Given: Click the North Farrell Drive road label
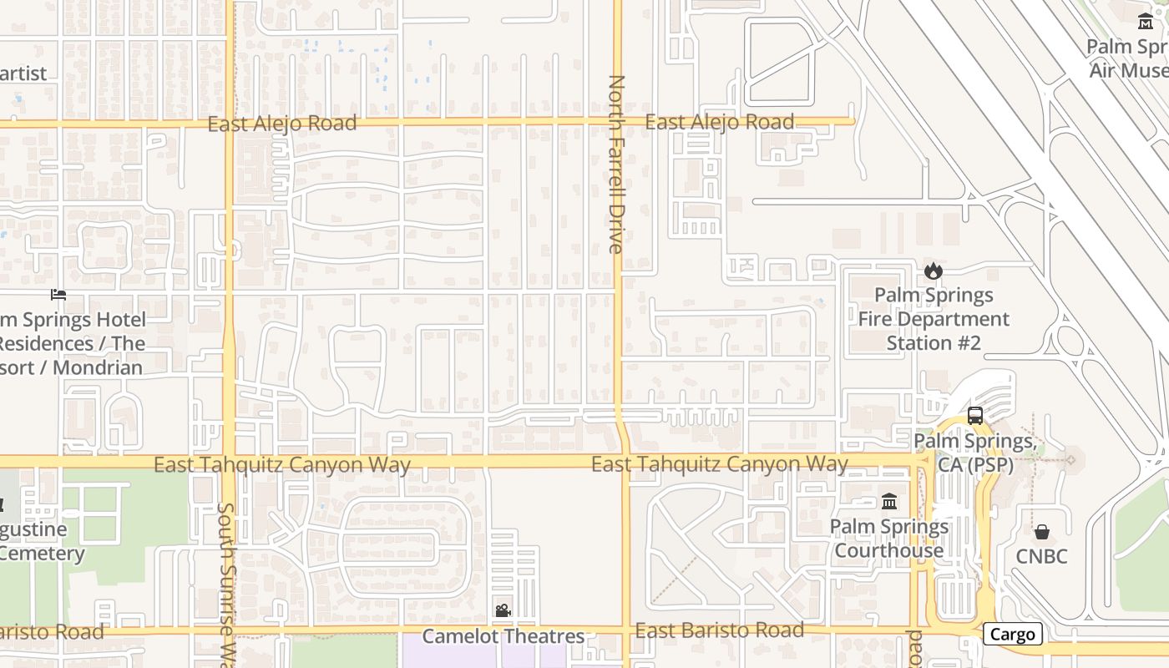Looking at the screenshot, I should (616, 164).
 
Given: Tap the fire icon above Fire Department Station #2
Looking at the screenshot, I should (933, 271).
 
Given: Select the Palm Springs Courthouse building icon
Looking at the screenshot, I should (889, 502).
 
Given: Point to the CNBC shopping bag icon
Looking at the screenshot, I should (1041, 531).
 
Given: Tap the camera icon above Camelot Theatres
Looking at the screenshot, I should (503, 610).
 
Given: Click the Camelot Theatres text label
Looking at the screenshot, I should (503, 636).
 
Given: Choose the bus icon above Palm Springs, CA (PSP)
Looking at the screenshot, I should (974, 415).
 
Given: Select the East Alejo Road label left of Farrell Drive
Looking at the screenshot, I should (281, 124).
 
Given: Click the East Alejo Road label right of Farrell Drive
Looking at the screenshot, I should (719, 122).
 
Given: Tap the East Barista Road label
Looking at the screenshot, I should (719, 630).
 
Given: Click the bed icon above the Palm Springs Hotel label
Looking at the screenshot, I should (58, 294).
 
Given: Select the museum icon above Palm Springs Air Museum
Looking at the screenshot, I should (1146, 21).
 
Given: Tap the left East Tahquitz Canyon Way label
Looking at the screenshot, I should (282, 465).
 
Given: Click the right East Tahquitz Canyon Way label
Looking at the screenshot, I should (719, 463).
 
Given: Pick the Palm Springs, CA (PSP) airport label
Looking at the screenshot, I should (974, 453).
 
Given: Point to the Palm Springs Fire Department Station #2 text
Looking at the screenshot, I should (934, 319).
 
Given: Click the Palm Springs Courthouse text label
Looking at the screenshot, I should (889, 539).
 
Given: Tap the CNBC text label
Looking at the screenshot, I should (1041, 556).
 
